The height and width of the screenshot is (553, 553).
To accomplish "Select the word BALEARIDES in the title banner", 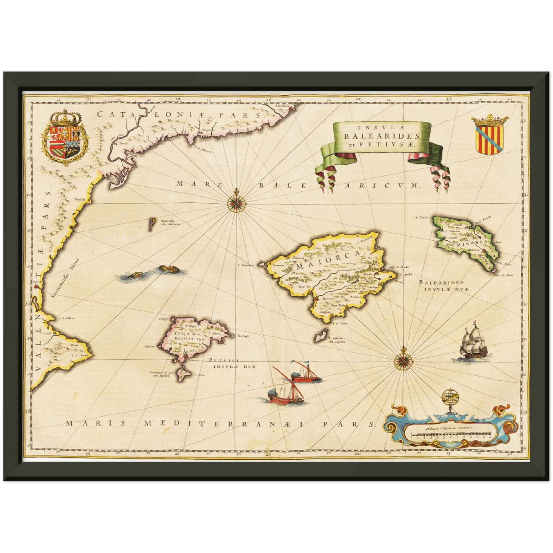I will tap(381, 136).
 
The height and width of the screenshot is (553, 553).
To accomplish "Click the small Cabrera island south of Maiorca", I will tap(320, 337).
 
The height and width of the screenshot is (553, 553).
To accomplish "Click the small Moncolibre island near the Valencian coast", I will tap(152, 222).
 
